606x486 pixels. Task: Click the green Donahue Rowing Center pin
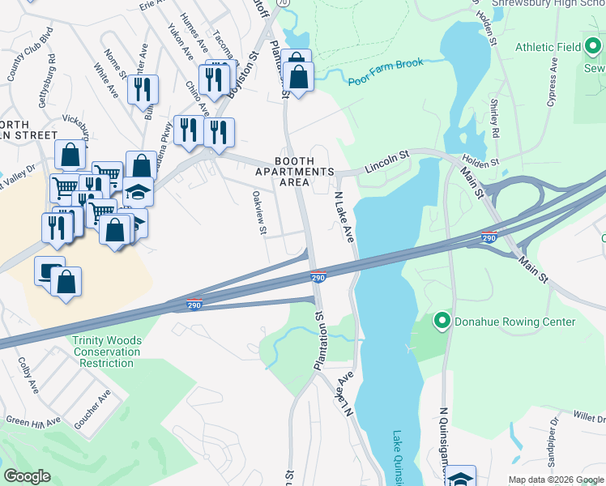442,322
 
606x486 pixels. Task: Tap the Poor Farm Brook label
381,79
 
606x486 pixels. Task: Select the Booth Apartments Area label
294,172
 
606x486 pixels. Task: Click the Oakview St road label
259,213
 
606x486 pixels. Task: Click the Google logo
27,476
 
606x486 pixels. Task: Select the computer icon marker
49,271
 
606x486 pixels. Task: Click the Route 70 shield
282,3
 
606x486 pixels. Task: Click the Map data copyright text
555,480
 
